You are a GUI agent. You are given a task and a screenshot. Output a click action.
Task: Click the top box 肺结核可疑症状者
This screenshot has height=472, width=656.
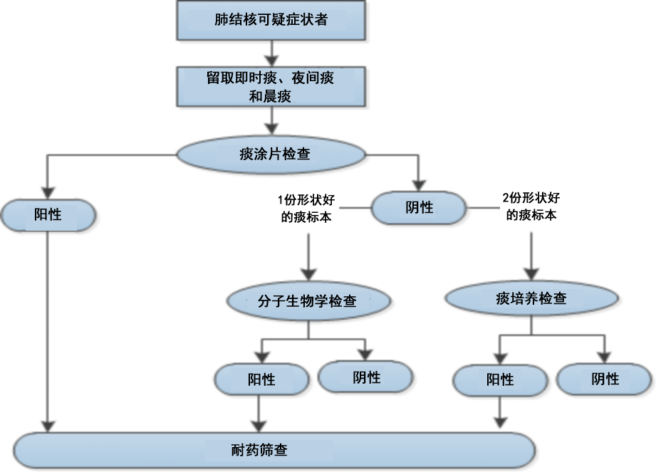[x=271, y=21]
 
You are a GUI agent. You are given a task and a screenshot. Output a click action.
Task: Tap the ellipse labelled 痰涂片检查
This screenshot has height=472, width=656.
[x=271, y=154]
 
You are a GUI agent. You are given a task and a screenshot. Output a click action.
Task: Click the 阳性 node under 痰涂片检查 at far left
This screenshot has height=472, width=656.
[x=48, y=214]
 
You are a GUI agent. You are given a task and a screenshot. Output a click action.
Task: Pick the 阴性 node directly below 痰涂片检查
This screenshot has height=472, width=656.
[x=420, y=207]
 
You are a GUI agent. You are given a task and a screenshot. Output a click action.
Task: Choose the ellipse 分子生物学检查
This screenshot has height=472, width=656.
[x=309, y=301]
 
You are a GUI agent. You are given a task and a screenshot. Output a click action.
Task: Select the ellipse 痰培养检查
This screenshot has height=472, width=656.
[x=531, y=298]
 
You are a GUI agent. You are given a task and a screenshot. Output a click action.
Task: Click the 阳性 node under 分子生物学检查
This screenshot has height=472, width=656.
[x=261, y=379]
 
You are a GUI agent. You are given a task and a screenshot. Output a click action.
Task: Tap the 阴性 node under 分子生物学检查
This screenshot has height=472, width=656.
[x=366, y=377]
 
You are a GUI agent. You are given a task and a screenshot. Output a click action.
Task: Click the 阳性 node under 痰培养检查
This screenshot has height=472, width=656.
[x=500, y=380]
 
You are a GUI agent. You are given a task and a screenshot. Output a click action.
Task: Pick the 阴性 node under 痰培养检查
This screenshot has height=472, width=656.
[x=605, y=379]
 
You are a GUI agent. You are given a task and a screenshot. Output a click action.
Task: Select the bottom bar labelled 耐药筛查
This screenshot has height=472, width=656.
[x=271, y=450]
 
